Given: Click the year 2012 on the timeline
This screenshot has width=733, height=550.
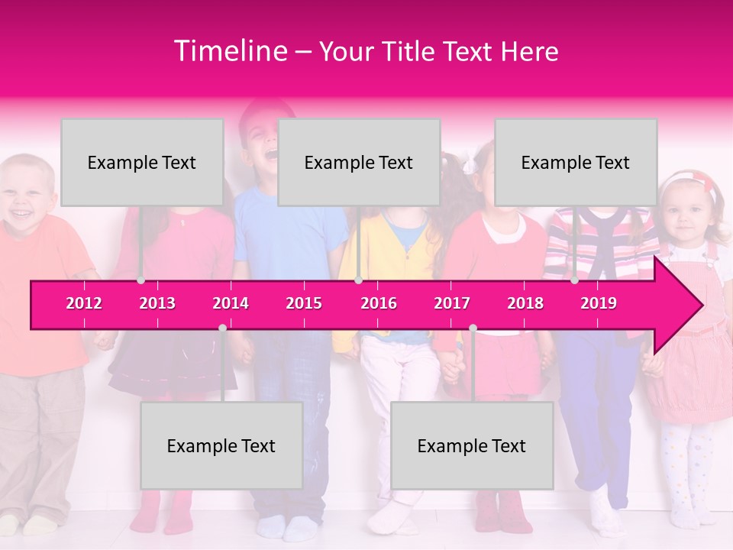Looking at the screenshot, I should click(x=84, y=303).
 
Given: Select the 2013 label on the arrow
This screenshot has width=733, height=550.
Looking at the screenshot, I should click(x=157, y=303).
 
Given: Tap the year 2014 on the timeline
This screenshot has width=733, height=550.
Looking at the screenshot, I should click(x=231, y=303).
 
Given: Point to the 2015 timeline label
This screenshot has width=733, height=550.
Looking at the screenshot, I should click(x=304, y=303).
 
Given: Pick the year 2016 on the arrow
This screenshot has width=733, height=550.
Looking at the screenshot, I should click(x=379, y=303).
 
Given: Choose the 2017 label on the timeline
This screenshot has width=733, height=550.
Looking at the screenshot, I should click(x=452, y=303).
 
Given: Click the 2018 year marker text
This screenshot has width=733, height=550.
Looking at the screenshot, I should click(x=525, y=303).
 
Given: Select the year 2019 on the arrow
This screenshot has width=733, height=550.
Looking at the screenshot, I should click(x=599, y=303).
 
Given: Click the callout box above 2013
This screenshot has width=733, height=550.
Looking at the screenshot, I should click(x=142, y=162).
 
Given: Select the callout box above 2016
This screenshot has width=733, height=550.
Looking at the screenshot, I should click(x=359, y=162).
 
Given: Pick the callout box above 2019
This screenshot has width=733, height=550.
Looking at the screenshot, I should click(x=576, y=162).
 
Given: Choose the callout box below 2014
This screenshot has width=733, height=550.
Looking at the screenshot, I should click(x=221, y=445).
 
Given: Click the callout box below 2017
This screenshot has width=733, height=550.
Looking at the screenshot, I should click(x=472, y=445).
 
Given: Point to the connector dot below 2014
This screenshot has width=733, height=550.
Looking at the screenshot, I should click(x=222, y=328).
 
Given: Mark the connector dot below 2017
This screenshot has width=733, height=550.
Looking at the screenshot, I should click(x=473, y=328).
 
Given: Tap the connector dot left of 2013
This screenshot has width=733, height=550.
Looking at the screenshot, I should click(x=140, y=280).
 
